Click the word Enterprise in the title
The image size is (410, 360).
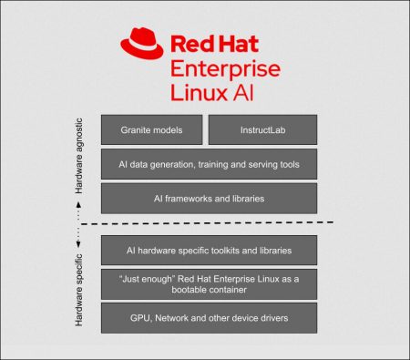(224, 70)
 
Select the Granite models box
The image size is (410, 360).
(151, 130)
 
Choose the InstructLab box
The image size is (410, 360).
(262, 130)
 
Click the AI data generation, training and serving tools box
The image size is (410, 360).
(209, 164)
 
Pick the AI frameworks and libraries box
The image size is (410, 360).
(209, 198)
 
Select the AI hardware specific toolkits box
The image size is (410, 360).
(209, 249)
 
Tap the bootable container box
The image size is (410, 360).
(209, 283)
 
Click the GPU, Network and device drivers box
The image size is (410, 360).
(209, 318)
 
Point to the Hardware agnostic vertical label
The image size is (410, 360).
(78, 157)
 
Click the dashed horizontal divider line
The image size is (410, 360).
(210, 222)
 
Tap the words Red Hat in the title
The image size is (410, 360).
(213, 46)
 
